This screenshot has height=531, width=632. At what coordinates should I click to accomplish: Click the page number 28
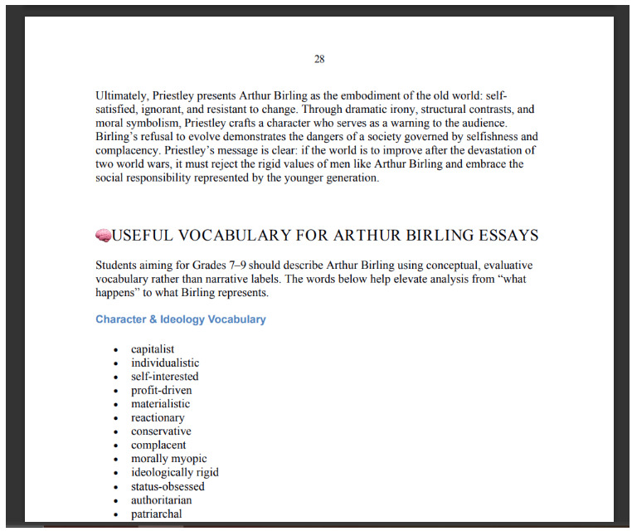coord(319,59)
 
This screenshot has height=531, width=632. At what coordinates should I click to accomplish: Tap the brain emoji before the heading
coord(103,236)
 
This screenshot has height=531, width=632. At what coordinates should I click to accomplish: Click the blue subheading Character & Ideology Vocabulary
coord(180,319)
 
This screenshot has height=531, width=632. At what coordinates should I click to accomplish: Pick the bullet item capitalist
coord(153,349)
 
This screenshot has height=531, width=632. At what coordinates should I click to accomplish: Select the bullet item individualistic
coord(165,363)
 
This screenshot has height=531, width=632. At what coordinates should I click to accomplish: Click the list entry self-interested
coord(164,377)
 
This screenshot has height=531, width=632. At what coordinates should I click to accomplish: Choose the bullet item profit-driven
coord(161,390)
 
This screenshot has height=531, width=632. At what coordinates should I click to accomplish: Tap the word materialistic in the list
coord(160,404)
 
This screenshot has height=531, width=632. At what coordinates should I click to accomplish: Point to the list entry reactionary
coord(158,418)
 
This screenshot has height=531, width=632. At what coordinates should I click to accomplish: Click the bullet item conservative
coord(161,431)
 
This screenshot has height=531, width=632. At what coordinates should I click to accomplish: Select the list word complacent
coord(158,446)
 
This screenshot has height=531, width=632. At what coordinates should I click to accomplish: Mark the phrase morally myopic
coord(169,459)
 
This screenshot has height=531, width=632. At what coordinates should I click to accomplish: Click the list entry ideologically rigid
coord(175,473)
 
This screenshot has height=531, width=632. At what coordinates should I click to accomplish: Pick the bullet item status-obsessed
coord(168,486)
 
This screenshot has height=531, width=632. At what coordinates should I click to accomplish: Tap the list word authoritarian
coord(161,500)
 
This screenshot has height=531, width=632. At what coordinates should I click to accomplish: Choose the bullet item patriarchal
coord(156,514)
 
